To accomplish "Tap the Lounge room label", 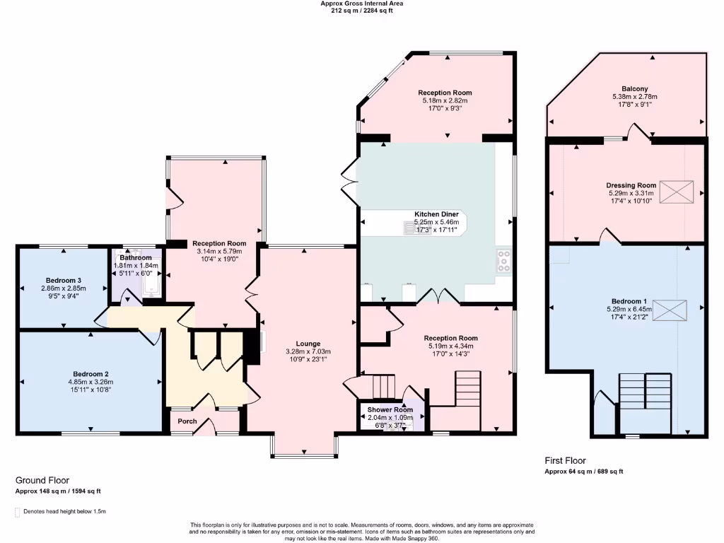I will click(308, 344).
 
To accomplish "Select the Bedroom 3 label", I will click(62, 280).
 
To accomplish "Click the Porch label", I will click(187, 421).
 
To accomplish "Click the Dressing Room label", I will click(631, 185).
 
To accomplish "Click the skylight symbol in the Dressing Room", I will click(677, 192).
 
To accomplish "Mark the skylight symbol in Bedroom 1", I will click(670, 310).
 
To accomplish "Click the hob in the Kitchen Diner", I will click(503, 261).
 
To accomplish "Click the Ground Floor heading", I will click(42, 480).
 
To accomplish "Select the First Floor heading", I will click(565, 461).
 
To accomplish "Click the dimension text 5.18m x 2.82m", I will click(445, 101).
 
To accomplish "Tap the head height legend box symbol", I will click(18, 511).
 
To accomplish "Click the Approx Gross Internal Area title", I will click(362, 4).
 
